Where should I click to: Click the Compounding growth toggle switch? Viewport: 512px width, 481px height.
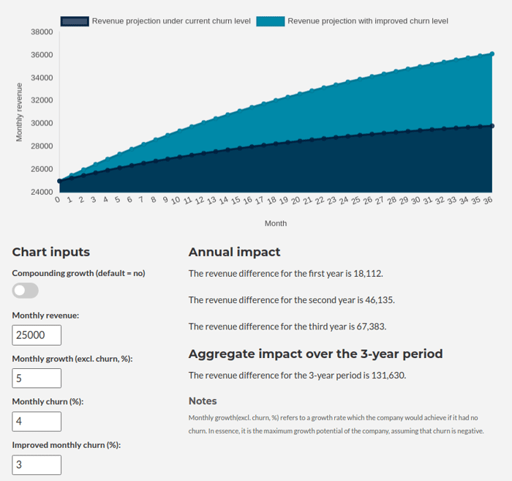tap(25, 291)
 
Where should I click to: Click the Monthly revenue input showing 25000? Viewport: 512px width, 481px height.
tap(37, 335)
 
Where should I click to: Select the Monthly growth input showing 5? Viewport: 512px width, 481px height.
tap(37, 378)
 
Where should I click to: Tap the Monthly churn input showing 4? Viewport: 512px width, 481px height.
tap(37, 422)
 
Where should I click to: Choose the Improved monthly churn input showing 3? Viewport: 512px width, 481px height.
tap(37, 465)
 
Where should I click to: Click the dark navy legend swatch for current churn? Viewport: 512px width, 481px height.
tap(75, 21)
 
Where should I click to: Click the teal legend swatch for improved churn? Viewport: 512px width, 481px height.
tap(271, 21)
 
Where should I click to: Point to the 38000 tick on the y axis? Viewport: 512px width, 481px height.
tap(42, 31)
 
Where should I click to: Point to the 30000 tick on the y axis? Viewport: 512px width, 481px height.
tap(42, 123)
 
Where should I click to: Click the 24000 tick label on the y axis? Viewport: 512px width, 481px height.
tap(42, 192)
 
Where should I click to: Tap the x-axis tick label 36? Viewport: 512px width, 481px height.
tap(488, 201)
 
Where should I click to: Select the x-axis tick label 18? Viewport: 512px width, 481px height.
tap(271, 201)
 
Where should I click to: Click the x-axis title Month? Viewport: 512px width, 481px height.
tap(276, 223)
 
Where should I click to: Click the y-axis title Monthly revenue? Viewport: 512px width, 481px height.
tap(19, 112)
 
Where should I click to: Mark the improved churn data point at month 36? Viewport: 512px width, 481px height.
tap(492, 54)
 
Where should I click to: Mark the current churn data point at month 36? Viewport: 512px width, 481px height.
tap(492, 126)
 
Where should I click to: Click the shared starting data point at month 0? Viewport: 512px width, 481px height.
tap(59, 181)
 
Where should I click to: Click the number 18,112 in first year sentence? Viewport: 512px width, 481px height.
tap(367, 274)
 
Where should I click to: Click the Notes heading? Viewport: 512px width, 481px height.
tap(203, 401)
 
